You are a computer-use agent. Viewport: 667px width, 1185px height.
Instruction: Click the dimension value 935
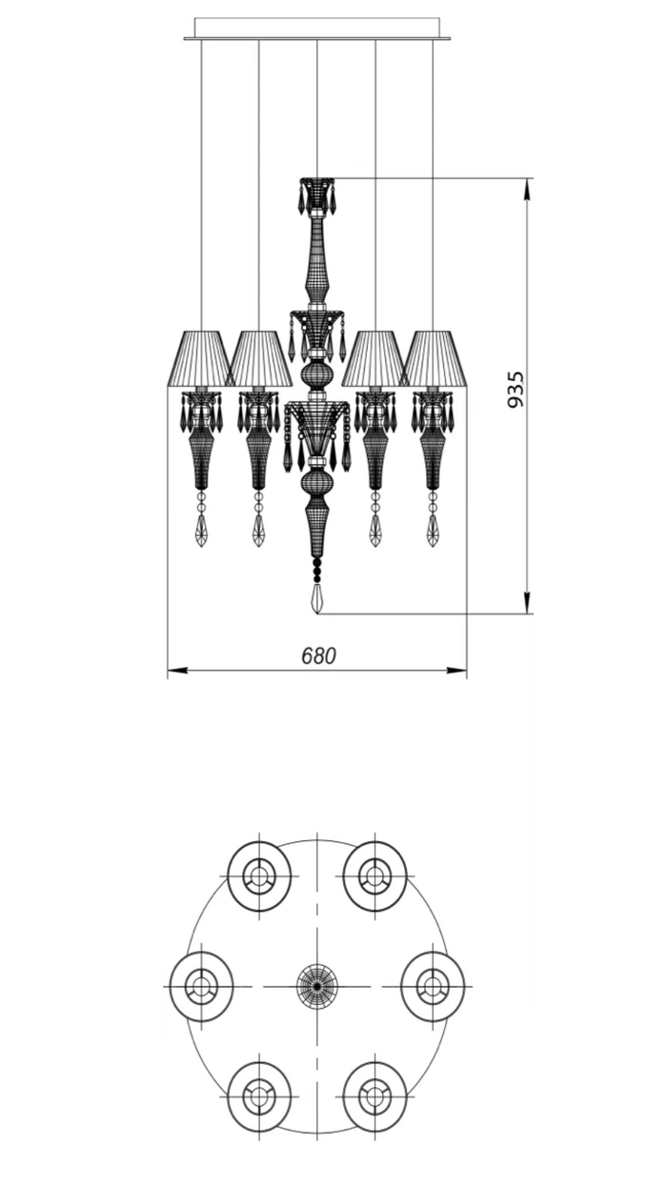515,390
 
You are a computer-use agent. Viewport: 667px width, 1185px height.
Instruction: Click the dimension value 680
318,656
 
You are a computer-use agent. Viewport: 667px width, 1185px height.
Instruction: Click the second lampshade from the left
258,358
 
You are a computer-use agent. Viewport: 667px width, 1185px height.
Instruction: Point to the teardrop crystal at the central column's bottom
317,598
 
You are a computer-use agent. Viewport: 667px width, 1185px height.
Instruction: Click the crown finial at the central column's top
317,195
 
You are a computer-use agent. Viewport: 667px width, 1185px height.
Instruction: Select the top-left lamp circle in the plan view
259,876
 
